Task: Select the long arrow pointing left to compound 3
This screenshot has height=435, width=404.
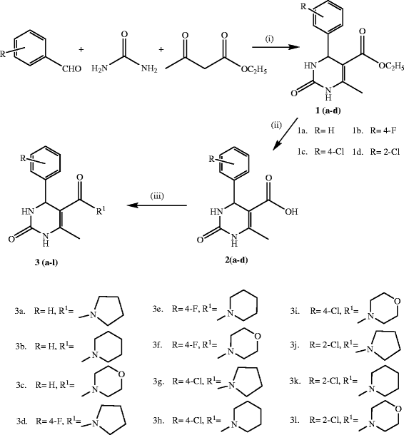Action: (x=158, y=207)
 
